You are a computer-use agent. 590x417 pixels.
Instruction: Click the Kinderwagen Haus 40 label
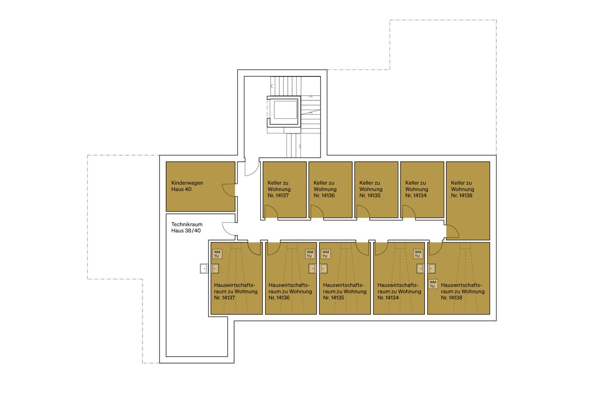coord(187,186)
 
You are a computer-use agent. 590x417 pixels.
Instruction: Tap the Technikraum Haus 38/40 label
coord(186,228)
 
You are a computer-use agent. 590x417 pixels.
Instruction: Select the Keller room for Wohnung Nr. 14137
coord(284,189)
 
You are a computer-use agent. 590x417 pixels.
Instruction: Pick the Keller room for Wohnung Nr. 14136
coord(330,189)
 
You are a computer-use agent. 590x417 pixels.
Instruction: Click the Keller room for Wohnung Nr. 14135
coord(376,189)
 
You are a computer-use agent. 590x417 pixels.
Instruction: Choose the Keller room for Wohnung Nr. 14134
coord(422,189)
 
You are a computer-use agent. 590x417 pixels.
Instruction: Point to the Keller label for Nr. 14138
coord(462,189)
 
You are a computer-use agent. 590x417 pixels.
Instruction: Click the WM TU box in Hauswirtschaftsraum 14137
coord(217,254)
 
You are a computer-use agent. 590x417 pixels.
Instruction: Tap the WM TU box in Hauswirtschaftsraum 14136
coord(310,254)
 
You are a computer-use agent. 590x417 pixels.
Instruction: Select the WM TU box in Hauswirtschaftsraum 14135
coord(325,254)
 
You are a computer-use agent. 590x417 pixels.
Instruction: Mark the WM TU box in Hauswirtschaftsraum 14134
coord(418,254)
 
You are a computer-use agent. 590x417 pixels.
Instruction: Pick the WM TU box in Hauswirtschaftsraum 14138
coord(432,284)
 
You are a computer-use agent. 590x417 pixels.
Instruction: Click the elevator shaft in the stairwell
coord(285,111)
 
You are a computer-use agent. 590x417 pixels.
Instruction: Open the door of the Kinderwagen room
coord(229,190)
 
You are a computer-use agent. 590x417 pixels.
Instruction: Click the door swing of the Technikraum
coord(229,228)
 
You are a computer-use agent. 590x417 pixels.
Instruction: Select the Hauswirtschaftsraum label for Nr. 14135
coord(344,292)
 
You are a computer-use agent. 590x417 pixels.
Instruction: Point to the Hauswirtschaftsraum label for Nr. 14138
coord(462,292)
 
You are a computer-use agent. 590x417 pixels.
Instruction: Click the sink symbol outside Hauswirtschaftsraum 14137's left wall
coord(204,268)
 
